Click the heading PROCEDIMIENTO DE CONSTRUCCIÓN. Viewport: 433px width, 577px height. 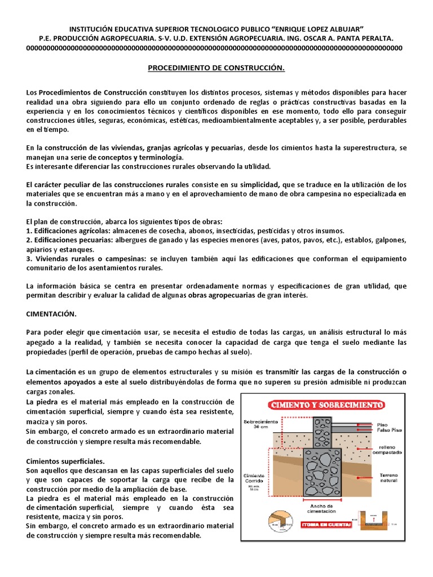(216, 68)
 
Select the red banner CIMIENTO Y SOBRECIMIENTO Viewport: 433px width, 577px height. (328, 405)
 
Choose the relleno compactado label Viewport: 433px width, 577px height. (387, 449)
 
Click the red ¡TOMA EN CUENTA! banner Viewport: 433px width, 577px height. (328, 525)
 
